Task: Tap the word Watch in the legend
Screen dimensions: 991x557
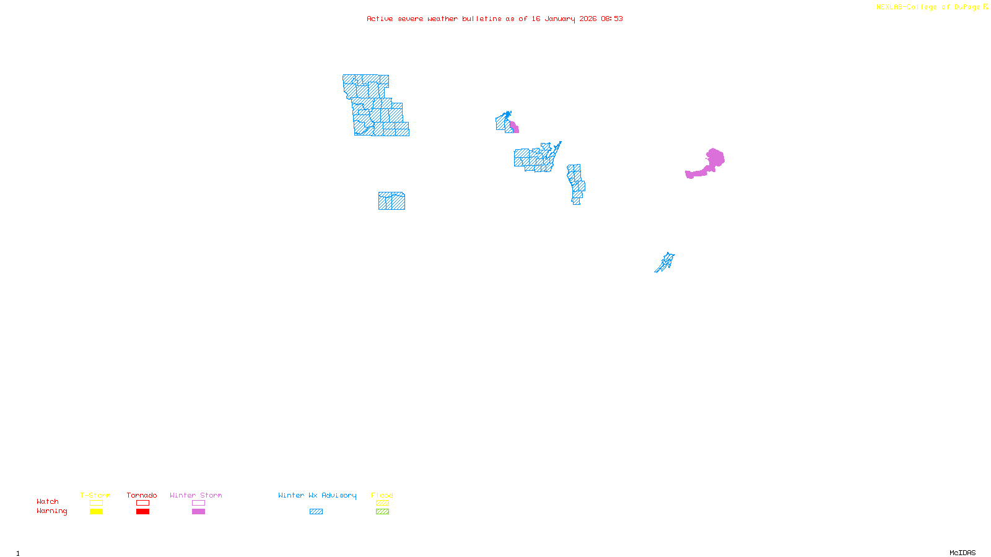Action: click(x=48, y=502)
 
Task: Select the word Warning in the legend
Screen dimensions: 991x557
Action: click(x=51, y=511)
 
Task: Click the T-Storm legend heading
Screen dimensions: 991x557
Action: click(x=95, y=495)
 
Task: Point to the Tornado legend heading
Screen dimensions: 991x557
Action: click(x=142, y=495)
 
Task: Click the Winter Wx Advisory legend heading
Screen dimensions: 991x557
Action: click(x=317, y=495)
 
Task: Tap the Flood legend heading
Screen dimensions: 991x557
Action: click(x=382, y=495)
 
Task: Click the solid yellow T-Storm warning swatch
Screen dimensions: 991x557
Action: click(x=96, y=512)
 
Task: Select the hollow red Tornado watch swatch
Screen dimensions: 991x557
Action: click(x=142, y=503)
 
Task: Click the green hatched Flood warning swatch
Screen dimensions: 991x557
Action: click(x=382, y=512)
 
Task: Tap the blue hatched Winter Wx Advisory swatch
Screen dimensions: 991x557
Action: click(x=316, y=512)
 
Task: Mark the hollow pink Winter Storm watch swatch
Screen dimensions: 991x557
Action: click(x=198, y=503)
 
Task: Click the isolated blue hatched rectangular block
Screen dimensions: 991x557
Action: click(x=391, y=201)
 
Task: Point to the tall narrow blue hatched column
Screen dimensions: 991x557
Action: click(x=576, y=184)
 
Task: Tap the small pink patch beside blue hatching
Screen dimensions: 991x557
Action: click(x=514, y=127)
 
